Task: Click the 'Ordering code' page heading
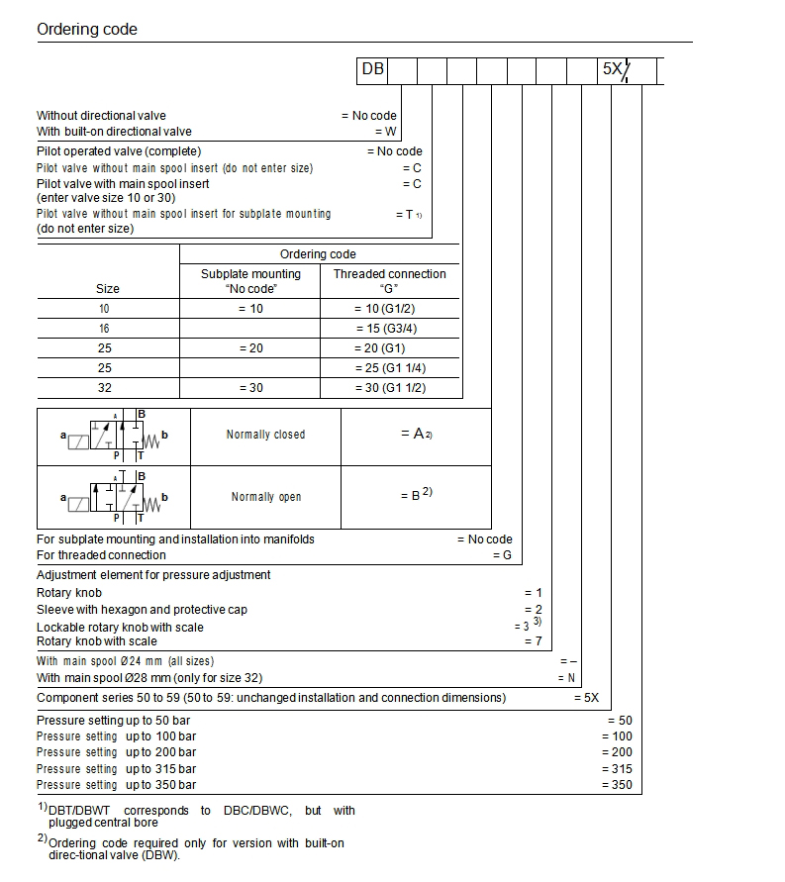87,30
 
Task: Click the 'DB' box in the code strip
372,69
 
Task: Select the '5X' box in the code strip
613,70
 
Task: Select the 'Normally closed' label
265,435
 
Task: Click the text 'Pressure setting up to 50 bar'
113,721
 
